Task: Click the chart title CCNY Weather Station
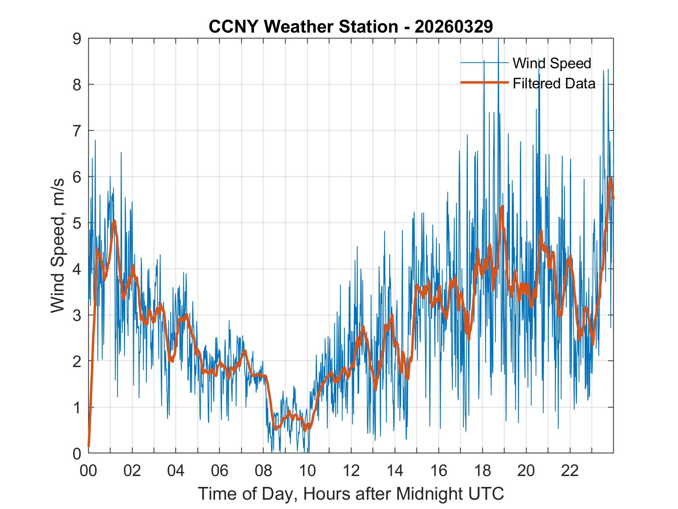pos(303,27)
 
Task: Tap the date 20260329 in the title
pos(454,27)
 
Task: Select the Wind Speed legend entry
pos(552,63)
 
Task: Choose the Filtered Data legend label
pos(554,83)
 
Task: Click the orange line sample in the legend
pos(484,83)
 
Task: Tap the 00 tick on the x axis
pos(89,471)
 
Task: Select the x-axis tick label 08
pos(263,471)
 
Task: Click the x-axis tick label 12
pos(351,471)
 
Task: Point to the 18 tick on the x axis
pos(482,471)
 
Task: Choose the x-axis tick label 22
pos(570,471)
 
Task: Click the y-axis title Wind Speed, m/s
pos(58,246)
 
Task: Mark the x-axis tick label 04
pos(176,471)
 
